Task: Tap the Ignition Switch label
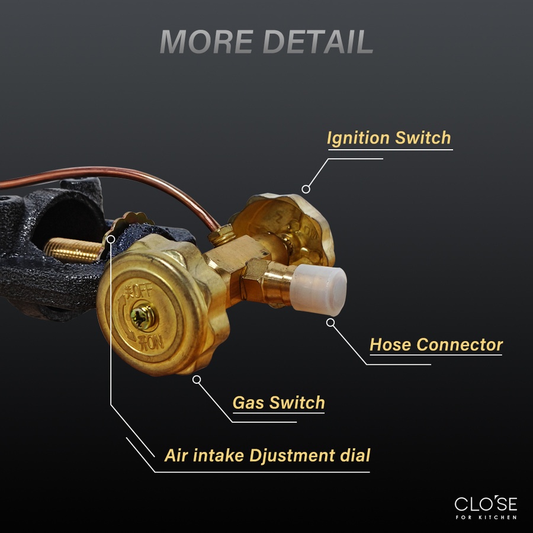[x=389, y=139]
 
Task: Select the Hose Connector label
[x=436, y=344]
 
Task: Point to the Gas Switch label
[x=278, y=403]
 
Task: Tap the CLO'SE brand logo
[x=486, y=504]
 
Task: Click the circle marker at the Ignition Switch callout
[x=306, y=189]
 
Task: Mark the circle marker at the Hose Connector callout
[x=330, y=322]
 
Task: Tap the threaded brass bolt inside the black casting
[x=71, y=249]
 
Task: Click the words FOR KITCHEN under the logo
[x=486, y=518]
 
